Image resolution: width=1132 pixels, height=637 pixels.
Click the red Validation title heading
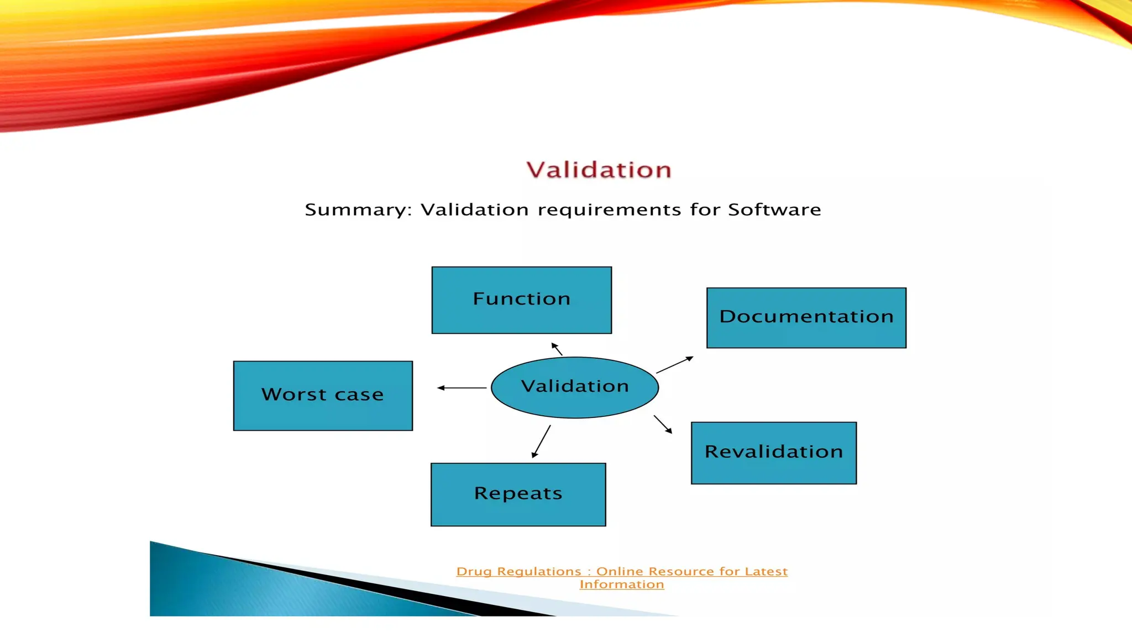(599, 170)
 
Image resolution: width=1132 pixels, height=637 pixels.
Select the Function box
(521, 300)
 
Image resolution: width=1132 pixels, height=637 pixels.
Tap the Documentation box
(806, 317)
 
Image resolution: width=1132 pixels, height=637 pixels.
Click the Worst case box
(323, 395)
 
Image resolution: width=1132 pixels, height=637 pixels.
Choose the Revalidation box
(773, 453)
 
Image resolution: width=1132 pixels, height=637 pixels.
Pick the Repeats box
(518, 494)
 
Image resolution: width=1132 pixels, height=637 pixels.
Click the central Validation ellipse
(575, 387)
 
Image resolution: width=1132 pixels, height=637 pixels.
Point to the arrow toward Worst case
(462, 388)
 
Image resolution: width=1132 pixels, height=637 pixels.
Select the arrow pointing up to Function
(557, 349)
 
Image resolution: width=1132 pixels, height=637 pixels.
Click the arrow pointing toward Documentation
(674, 365)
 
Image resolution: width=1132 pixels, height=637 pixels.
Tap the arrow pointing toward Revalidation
(663, 424)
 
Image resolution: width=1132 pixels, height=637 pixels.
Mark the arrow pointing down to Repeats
(541, 441)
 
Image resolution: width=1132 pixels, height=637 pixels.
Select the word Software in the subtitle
(774, 210)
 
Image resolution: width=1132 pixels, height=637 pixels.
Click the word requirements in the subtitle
(609, 210)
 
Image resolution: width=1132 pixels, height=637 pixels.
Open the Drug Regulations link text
(518, 572)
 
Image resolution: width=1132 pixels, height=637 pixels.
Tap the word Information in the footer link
(622, 584)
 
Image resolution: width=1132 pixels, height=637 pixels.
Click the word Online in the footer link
(619, 571)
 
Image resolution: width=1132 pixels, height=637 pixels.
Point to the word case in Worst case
(359, 395)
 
